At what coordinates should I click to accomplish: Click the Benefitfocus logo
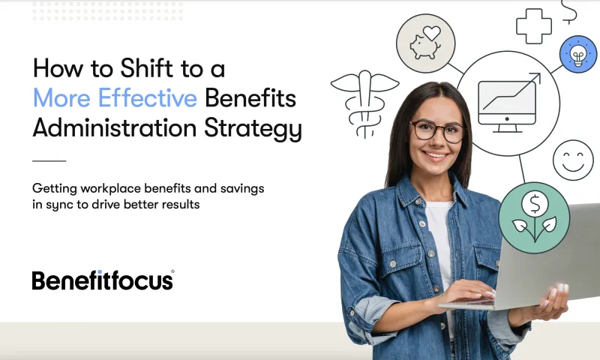(103, 280)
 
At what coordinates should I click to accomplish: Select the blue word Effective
(148, 97)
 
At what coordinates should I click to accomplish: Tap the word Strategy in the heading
(253, 129)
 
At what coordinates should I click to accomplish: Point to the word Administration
(115, 127)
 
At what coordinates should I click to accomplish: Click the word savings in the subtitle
(242, 188)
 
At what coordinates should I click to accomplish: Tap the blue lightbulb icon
(577, 54)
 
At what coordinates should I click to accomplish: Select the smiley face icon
(573, 160)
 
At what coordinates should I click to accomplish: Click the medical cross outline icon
(534, 26)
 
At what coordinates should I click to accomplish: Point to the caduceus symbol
(364, 103)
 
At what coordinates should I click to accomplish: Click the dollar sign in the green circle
(535, 204)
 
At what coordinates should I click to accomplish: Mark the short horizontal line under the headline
(49, 161)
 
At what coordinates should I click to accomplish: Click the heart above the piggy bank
(432, 33)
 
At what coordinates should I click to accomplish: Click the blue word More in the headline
(61, 97)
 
